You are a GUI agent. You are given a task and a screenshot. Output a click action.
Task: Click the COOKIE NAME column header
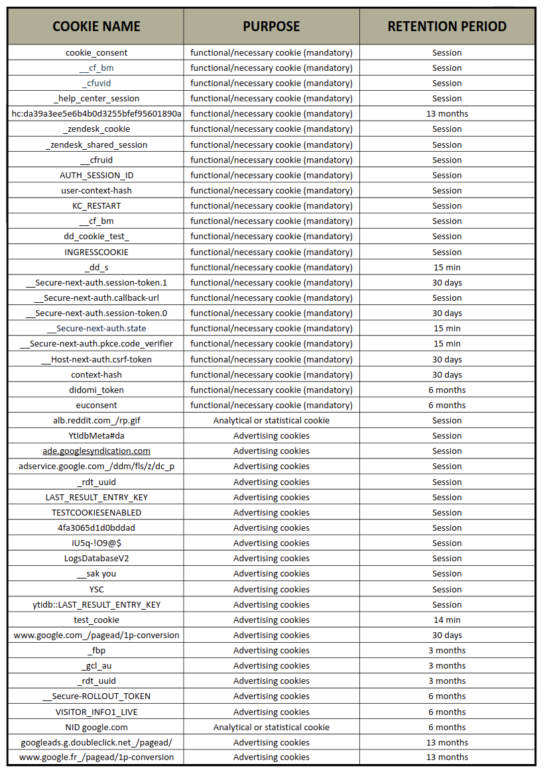[96, 27]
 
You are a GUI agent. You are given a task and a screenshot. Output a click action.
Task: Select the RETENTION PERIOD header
[447, 27]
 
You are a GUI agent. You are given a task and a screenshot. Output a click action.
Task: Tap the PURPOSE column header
[271, 27]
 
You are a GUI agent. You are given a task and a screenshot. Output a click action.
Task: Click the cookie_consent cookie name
[96, 52]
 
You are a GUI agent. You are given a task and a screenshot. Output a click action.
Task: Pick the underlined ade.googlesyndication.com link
[96, 451]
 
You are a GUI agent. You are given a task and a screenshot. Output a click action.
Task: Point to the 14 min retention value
[447, 620]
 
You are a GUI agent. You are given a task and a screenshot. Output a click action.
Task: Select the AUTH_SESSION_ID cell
[96, 175]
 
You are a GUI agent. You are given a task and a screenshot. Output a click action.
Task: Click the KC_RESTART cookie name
[96, 206]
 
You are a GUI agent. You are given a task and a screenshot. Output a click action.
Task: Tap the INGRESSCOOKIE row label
[96, 252]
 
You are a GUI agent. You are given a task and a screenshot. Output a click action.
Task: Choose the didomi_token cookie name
[96, 390]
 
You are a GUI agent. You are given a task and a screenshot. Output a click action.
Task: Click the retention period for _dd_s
[447, 267]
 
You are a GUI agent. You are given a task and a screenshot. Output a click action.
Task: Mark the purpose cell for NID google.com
[271, 727]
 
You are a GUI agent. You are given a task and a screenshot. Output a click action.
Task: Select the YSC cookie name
[96, 589]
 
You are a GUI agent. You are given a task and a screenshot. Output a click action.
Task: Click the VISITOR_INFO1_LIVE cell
[96, 712]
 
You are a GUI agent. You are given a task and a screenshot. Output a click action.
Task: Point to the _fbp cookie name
[96, 650]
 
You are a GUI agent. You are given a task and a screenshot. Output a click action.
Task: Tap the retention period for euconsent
[447, 405]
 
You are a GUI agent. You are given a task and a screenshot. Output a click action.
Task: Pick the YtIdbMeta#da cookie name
[96, 435]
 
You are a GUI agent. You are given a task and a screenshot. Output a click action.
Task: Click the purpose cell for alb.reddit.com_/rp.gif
[271, 420]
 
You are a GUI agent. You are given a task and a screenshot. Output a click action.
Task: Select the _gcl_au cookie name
[96, 665]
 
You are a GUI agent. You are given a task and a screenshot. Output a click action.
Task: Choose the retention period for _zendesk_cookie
[447, 129]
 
